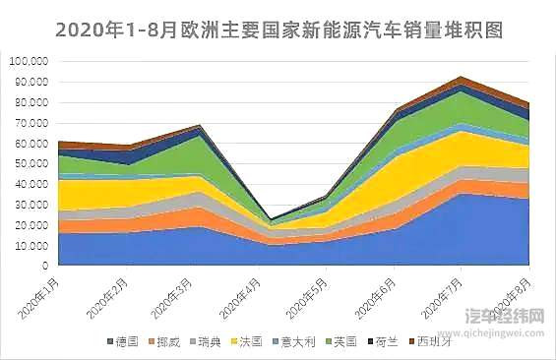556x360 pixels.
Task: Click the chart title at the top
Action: coord(278,30)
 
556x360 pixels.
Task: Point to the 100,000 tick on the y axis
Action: coord(29,61)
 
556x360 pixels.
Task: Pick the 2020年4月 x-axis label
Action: coord(246,295)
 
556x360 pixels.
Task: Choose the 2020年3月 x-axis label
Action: coord(178,295)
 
